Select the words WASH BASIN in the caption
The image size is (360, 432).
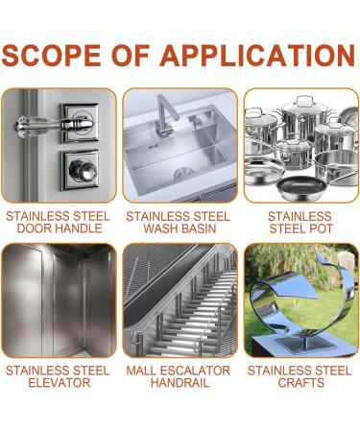[x=180, y=229]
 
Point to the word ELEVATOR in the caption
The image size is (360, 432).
[x=58, y=383]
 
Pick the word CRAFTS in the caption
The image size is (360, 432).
[x=300, y=383]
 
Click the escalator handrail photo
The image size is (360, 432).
[x=180, y=300]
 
